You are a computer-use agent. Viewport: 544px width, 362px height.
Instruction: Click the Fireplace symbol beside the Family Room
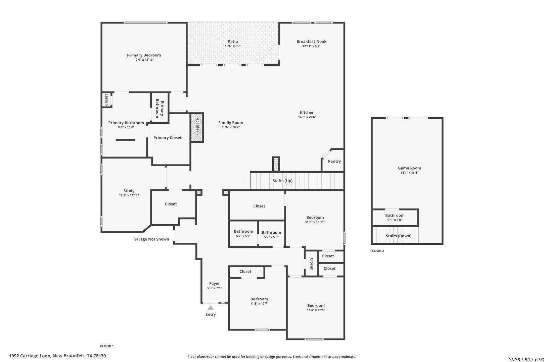click(x=197, y=127)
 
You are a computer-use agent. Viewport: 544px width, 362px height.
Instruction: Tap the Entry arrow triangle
click(x=211, y=308)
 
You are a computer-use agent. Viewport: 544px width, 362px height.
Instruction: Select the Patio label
click(x=233, y=42)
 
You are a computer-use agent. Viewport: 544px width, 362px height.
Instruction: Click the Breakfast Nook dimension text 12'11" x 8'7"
click(x=311, y=46)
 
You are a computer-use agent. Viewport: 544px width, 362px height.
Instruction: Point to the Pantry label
click(x=334, y=161)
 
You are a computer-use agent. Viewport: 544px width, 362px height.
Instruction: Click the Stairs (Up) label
click(x=282, y=181)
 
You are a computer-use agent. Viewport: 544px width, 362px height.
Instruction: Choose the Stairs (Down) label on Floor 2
click(x=399, y=236)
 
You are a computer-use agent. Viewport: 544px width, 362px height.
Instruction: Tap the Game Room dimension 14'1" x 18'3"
click(x=409, y=173)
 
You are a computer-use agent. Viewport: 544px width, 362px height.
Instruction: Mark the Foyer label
click(x=215, y=284)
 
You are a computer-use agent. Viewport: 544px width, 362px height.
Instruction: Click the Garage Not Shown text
click(x=151, y=239)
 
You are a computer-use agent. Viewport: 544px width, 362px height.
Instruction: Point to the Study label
click(x=129, y=191)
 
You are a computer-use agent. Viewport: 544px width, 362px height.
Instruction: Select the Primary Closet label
click(x=167, y=138)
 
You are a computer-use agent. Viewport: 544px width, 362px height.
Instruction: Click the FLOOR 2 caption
click(x=377, y=251)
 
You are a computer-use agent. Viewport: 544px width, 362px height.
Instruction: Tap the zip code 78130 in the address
click(x=100, y=356)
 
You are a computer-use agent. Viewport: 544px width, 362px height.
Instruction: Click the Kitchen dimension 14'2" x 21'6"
click(x=307, y=117)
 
